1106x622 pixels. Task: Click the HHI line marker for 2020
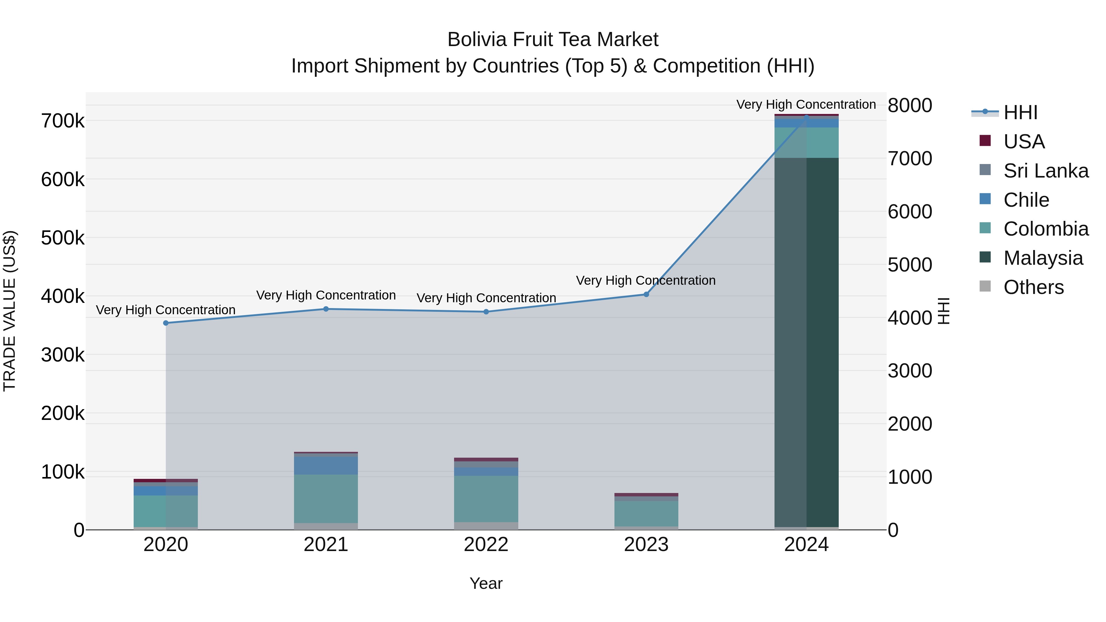click(166, 323)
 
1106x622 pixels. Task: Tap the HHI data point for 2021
click(326, 309)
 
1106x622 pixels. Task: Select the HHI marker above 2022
click(486, 312)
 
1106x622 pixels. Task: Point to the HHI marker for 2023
click(646, 295)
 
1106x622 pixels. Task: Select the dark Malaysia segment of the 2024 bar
click(806, 343)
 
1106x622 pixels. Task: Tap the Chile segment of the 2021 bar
click(326, 466)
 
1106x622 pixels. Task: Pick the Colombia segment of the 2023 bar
click(646, 513)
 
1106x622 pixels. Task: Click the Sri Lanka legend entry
click(1045, 171)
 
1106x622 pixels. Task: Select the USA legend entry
click(1024, 142)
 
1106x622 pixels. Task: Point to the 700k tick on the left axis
click(63, 121)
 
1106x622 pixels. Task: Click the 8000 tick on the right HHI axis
click(910, 106)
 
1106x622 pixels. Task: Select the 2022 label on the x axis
click(486, 545)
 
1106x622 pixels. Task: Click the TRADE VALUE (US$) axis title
click(10, 311)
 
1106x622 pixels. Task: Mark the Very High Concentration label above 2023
click(646, 280)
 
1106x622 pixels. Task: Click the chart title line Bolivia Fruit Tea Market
click(553, 40)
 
